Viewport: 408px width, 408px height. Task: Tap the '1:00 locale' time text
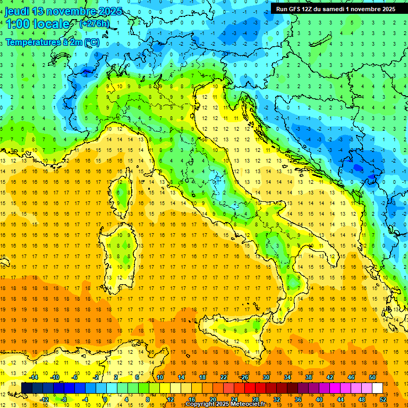37,24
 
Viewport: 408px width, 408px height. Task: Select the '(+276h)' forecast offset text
94,23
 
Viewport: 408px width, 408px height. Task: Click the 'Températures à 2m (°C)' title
52,41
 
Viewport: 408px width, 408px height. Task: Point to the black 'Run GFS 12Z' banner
335,9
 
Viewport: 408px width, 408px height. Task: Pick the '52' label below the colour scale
383,399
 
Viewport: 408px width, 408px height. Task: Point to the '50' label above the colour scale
372,377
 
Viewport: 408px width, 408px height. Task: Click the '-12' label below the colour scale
44,399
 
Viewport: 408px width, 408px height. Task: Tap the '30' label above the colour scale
266,377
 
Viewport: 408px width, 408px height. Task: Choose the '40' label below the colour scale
319,399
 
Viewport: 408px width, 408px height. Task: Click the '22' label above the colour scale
224,377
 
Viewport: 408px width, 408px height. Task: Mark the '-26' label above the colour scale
244,377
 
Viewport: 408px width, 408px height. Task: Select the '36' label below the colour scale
297,399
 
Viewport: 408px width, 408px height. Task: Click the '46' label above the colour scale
351,377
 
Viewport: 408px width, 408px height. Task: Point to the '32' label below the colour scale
276,399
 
